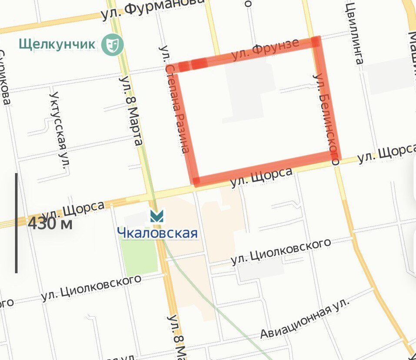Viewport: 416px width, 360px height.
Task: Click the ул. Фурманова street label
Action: [x=152, y=9]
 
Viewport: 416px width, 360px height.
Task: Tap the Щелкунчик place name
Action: [x=57, y=43]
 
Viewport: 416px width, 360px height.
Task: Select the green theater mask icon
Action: [x=113, y=44]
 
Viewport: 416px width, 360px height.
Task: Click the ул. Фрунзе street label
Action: [x=265, y=50]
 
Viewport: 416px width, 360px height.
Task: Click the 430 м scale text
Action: [x=50, y=224]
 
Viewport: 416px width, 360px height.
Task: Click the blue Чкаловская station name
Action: [x=157, y=233]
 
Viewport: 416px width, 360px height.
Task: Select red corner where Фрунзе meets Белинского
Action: [x=316, y=42]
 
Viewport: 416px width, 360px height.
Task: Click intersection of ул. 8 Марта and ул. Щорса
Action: [x=148, y=197]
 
